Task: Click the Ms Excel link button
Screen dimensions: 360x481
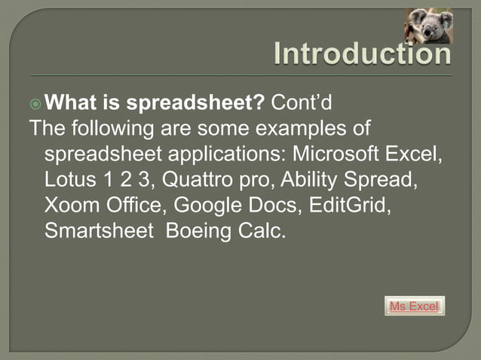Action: coord(414,307)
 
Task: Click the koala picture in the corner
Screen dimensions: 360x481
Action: coord(428,26)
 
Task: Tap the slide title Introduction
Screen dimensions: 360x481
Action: coord(362,54)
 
